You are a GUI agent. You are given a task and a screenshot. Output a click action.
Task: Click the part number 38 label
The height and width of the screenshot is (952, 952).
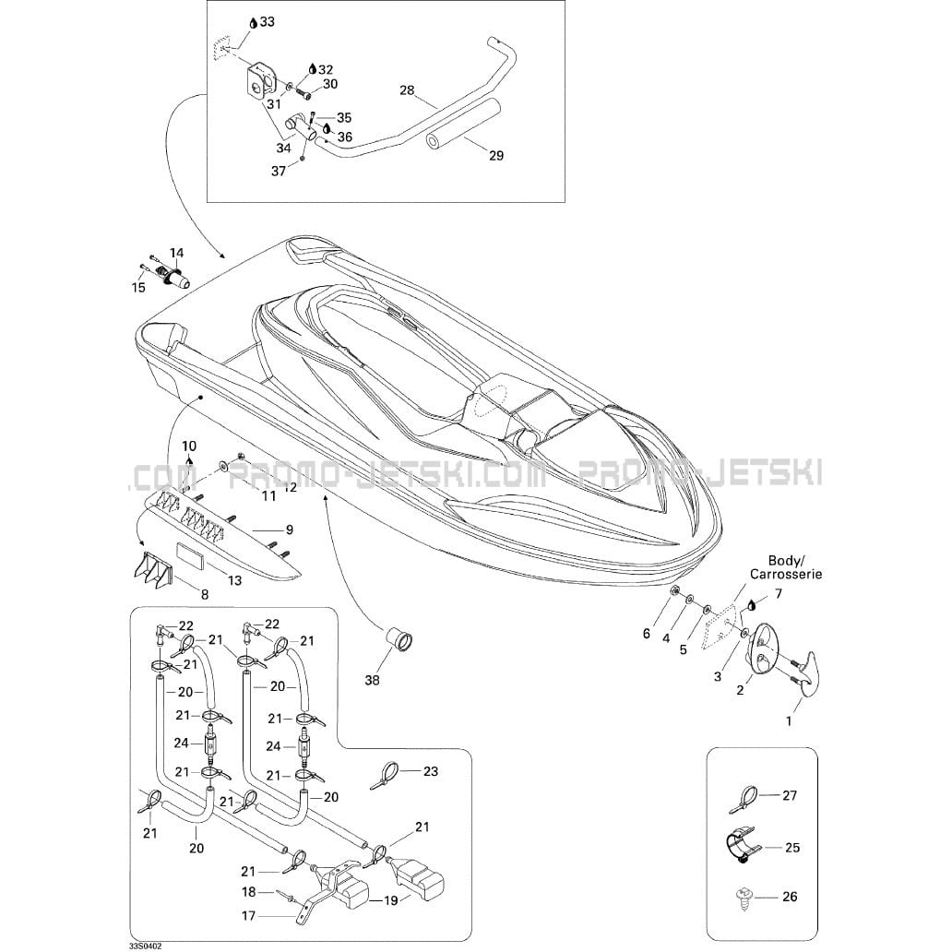point(372,681)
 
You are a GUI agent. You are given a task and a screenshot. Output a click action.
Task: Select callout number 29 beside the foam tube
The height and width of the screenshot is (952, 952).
point(496,156)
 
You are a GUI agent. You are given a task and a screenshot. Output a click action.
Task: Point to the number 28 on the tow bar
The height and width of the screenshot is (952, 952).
point(406,90)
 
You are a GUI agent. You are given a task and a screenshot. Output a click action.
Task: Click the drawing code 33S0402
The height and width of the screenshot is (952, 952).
point(141,946)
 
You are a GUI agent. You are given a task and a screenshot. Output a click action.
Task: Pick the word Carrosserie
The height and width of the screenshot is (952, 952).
point(786,574)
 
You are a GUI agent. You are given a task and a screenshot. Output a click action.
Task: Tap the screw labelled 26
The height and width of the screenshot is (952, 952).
point(743,899)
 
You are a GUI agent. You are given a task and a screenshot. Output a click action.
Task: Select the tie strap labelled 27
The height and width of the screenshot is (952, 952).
point(743,800)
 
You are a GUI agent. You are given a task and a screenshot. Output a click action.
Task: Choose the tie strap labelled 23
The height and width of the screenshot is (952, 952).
point(384,775)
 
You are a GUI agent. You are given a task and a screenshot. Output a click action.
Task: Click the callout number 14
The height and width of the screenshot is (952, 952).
point(176,253)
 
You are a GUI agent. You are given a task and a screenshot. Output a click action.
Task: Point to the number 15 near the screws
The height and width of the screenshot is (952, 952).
point(138,287)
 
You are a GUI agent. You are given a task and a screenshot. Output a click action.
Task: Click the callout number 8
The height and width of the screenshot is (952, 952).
point(205,594)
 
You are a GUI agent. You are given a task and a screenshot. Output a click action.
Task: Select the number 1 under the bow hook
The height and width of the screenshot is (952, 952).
point(789,721)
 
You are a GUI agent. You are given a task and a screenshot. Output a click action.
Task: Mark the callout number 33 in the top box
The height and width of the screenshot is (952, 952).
point(268,22)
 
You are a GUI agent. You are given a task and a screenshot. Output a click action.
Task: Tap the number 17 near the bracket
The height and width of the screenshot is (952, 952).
point(248,916)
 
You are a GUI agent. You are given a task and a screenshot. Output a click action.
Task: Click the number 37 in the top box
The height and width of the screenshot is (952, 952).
point(278,172)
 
